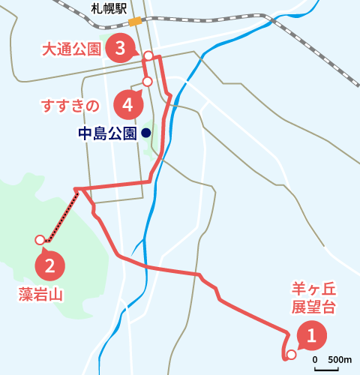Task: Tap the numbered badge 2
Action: coord(49,265)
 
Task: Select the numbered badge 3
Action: coord(120,49)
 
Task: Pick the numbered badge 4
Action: coord(129,105)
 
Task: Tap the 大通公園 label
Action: coord(71,49)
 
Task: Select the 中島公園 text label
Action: coord(107,133)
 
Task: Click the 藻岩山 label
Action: coord(40,294)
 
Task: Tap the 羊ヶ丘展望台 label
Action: coord(312,298)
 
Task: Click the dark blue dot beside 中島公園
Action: coord(145,133)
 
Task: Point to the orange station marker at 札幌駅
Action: coord(136,22)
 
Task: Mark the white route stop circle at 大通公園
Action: coord(148,55)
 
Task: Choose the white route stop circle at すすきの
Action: coord(147,81)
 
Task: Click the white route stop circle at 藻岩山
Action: coord(40,240)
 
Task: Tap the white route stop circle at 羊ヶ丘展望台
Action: coord(291,354)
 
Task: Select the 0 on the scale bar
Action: coord(316,358)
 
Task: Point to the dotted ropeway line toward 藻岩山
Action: coord(63,215)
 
